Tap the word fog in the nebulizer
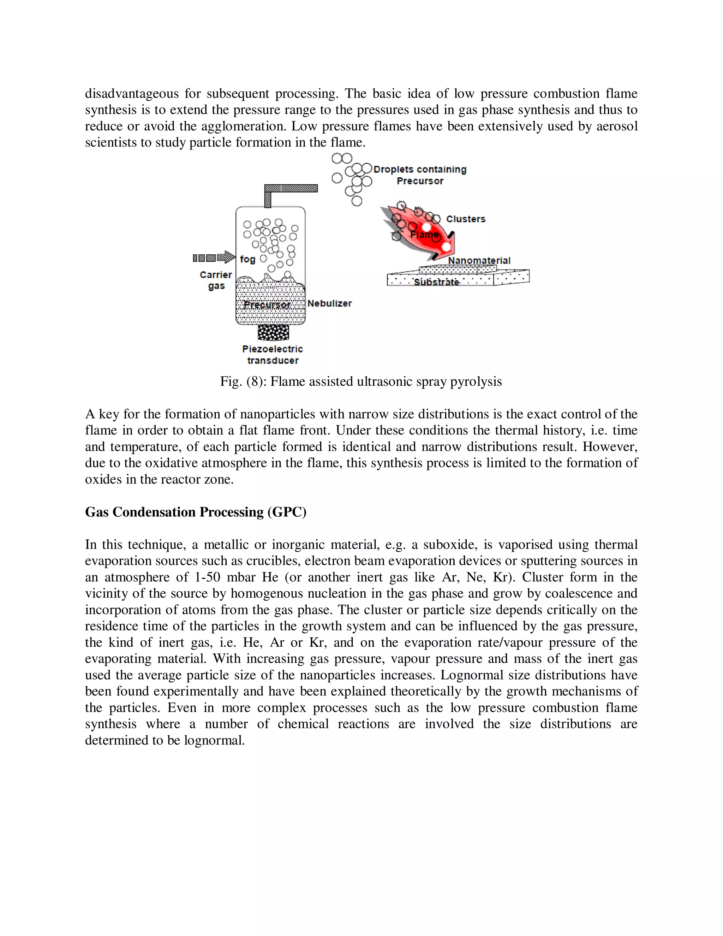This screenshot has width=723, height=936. (x=247, y=259)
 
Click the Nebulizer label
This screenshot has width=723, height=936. (x=329, y=303)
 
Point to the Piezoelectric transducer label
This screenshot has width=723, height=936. (x=273, y=354)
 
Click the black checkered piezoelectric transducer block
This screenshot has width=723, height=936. (x=273, y=332)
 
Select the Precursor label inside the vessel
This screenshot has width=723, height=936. (x=267, y=305)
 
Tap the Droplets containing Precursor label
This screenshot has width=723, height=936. (x=420, y=175)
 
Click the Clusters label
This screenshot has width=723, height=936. (x=466, y=219)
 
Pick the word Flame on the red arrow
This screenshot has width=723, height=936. (x=424, y=235)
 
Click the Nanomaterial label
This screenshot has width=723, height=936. (x=479, y=261)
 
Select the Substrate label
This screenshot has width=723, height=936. (x=436, y=282)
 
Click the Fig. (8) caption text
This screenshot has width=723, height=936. (x=361, y=381)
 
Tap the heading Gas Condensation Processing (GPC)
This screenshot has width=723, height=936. (x=195, y=512)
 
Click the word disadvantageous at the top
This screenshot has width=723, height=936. (x=131, y=94)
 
